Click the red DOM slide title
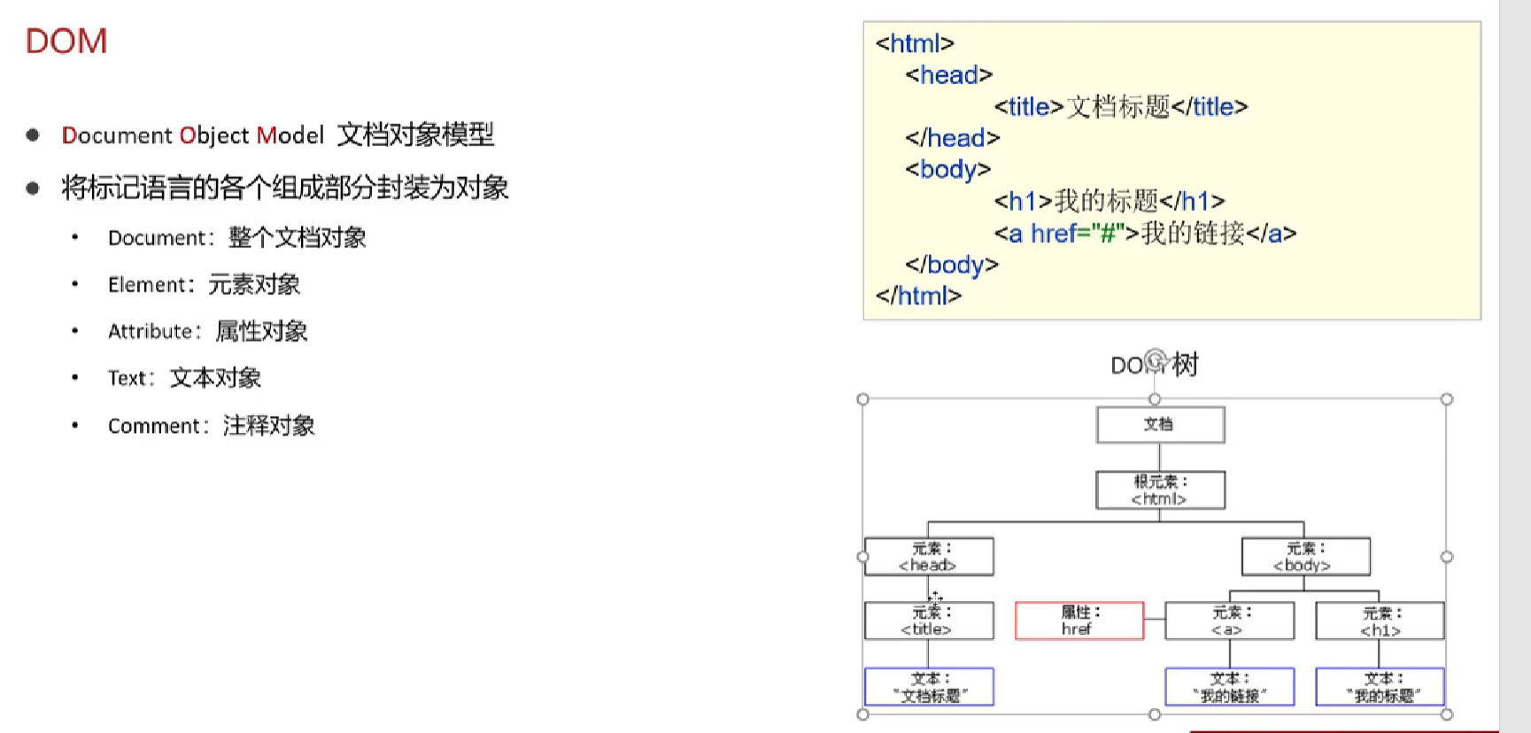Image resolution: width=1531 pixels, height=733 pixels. click(x=66, y=42)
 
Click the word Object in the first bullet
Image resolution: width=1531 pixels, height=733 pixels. click(x=214, y=135)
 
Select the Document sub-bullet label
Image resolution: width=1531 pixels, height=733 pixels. click(x=157, y=238)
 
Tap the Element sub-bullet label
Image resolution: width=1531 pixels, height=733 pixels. click(x=147, y=285)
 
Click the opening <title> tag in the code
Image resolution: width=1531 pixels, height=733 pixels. click(x=1028, y=107)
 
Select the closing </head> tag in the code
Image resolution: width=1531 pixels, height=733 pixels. click(x=952, y=138)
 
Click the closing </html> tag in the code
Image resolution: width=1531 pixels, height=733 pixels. click(x=918, y=296)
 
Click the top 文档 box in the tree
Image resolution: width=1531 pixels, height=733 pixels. click(x=1160, y=425)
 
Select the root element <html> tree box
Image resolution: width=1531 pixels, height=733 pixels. click(x=1160, y=490)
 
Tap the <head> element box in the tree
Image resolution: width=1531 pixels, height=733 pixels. click(x=929, y=557)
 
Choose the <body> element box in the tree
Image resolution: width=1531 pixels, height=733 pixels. click(x=1305, y=557)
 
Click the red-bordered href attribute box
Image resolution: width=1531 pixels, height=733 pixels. click(x=1079, y=621)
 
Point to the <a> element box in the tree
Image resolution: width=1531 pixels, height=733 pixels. click(x=1229, y=621)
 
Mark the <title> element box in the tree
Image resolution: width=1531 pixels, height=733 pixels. click(x=929, y=621)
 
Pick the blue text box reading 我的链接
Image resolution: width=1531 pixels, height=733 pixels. click(x=1229, y=687)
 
